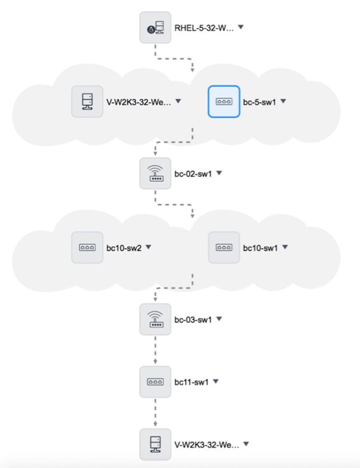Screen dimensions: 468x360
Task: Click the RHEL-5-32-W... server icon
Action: pos(155,28)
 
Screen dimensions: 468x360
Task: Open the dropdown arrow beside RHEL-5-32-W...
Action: pos(241,27)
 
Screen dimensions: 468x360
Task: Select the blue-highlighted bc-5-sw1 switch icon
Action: pos(223,101)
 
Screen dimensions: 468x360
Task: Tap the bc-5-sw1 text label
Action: pos(260,101)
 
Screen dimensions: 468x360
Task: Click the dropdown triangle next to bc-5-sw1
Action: pos(283,100)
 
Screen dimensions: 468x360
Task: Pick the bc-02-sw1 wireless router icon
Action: pos(155,173)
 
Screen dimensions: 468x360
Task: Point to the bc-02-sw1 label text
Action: pos(194,173)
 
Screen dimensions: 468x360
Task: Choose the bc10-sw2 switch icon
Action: pos(87,248)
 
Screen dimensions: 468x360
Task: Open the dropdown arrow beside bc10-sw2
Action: pos(148,247)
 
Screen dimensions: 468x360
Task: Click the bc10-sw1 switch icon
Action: pos(223,248)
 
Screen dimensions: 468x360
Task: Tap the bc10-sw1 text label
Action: pos(261,248)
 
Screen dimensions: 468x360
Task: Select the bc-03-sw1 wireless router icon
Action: pos(155,320)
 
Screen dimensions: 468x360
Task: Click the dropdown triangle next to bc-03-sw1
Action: pos(219,319)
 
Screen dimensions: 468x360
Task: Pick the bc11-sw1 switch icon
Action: pos(155,382)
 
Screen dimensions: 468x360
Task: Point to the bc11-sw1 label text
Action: pos(192,382)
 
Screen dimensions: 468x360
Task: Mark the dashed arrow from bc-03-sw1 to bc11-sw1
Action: pos(155,351)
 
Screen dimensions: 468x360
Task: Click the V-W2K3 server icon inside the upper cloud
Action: pos(87,101)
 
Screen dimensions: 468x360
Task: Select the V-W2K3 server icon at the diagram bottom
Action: pos(155,444)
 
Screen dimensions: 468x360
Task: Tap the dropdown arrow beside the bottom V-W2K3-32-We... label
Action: pos(246,443)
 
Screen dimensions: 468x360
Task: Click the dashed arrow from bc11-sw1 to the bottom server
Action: pos(155,413)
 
